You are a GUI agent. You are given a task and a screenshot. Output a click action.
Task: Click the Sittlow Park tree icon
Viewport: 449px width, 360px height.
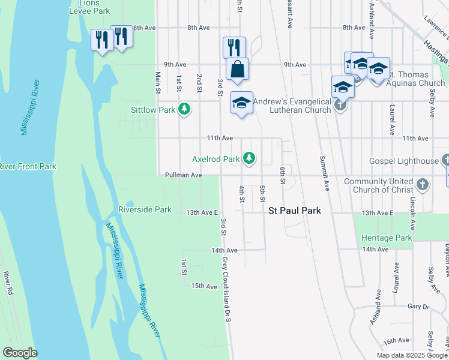click(x=185, y=109)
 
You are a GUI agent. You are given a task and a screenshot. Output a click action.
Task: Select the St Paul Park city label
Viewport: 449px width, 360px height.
click(x=294, y=211)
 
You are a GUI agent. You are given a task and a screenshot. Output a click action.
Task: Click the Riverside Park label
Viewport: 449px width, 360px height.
click(x=145, y=209)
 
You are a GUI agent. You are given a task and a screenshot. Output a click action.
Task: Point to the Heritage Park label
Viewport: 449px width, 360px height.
click(x=387, y=238)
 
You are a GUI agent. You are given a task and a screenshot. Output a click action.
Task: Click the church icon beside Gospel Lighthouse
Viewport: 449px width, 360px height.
click(x=445, y=161)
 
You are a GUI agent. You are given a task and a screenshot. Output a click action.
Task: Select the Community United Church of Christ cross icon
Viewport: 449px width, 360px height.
click(x=422, y=185)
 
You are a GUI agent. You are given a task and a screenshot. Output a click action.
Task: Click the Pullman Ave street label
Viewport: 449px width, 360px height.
click(x=184, y=175)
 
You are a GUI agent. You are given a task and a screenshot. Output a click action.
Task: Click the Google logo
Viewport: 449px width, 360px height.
click(x=20, y=353)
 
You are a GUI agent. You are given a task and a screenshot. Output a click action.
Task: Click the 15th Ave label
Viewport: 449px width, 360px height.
click(x=203, y=286)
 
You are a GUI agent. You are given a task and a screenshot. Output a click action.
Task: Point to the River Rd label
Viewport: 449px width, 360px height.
click(x=8, y=283)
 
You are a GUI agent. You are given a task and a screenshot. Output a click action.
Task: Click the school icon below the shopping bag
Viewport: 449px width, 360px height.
click(x=241, y=103)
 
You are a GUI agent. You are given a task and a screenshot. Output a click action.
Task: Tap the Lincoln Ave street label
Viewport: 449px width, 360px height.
click(x=412, y=213)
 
